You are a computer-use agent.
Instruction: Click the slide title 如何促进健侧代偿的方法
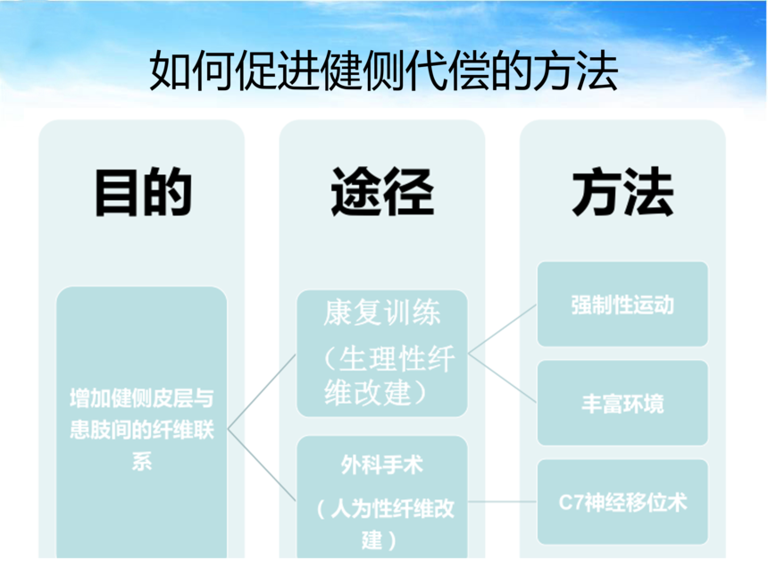click(x=383, y=71)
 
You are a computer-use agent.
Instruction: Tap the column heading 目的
click(x=143, y=192)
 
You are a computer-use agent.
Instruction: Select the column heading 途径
click(x=382, y=192)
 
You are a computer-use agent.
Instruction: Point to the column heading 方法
click(x=622, y=192)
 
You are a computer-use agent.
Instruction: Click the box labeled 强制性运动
click(x=622, y=305)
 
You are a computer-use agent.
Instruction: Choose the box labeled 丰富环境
click(x=622, y=403)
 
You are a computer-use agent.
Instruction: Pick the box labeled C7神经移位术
click(x=622, y=502)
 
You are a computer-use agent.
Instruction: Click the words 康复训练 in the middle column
click(x=382, y=313)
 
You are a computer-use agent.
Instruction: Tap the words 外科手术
click(x=382, y=464)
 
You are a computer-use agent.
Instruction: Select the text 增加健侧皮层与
click(x=142, y=397)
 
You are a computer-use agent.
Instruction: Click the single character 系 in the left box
click(x=142, y=461)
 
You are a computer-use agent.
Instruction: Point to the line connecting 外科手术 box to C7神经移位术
click(x=503, y=502)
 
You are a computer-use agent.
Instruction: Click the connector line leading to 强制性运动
click(x=503, y=329)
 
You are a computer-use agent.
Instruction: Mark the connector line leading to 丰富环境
click(x=503, y=378)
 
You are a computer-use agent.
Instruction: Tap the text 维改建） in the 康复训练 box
click(x=376, y=392)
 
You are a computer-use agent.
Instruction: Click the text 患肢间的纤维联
click(x=142, y=430)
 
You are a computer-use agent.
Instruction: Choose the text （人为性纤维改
click(x=386, y=508)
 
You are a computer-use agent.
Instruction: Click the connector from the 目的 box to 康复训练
click(x=262, y=391)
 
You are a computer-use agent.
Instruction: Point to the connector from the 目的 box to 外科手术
click(x=262, y=465)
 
